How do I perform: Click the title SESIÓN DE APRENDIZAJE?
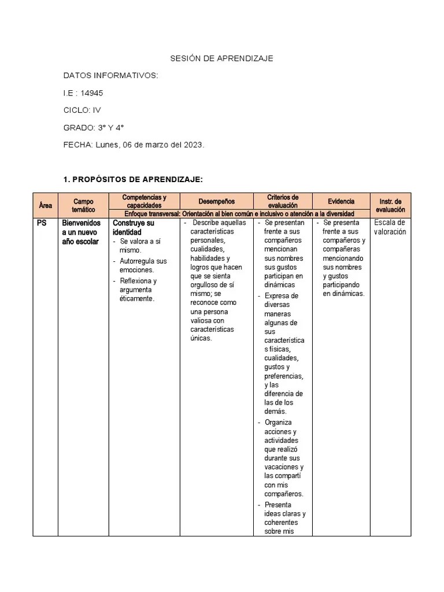[222, 58]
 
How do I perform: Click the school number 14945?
[92, 92]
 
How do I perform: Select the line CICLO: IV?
[82, 110]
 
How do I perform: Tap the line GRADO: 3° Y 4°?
[94, 127]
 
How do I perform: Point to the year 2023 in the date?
[193, 145]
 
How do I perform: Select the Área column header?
[45, 205]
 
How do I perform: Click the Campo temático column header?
[83, 205]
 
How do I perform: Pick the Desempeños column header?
[217, 201]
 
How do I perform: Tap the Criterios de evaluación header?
[283, 201]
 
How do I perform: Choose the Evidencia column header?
[341, 201]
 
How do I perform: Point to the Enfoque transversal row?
[239, 214]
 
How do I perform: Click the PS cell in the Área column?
[42, 223]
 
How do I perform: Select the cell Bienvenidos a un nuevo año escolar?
[81, 232]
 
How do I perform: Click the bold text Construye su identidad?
[134, 227]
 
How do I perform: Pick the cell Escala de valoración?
[390, 227]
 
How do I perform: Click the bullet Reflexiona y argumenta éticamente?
[138, 290]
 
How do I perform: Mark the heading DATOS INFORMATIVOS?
[110, 75]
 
